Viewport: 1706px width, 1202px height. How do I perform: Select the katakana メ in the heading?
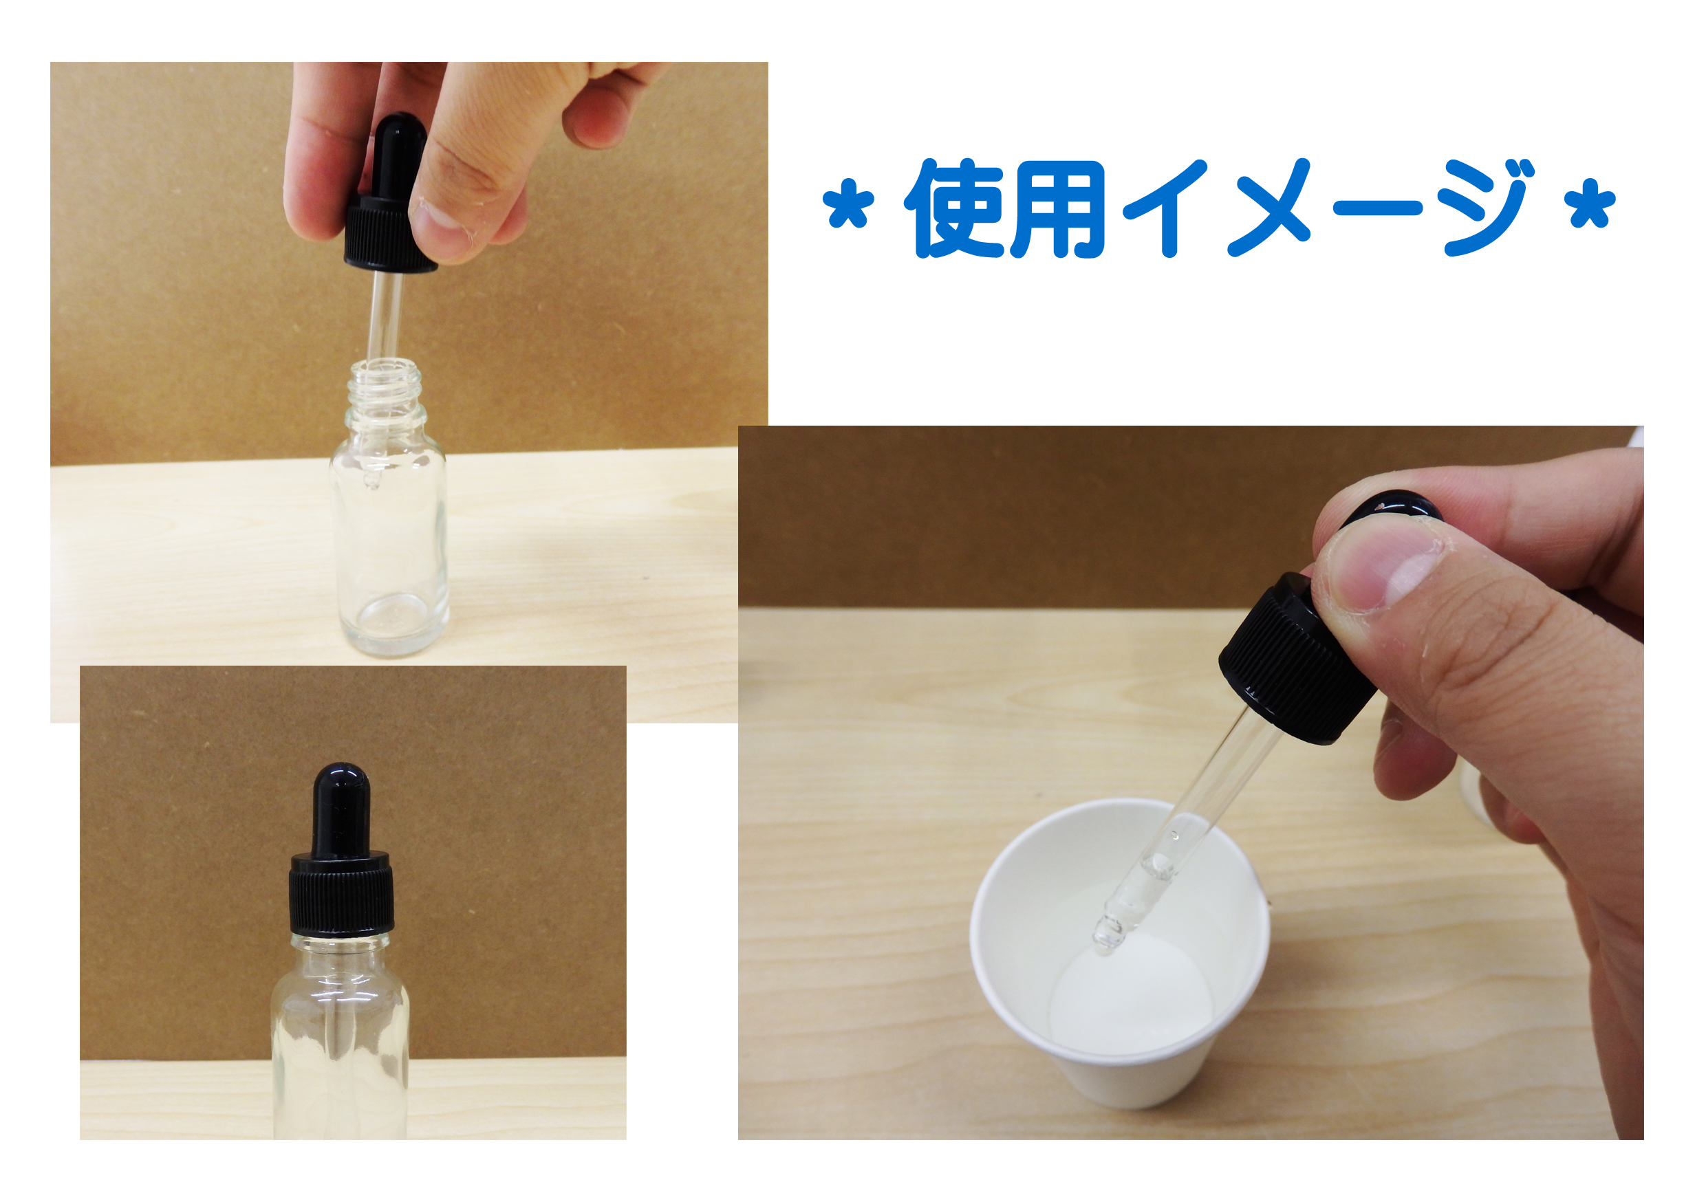(1268, 209)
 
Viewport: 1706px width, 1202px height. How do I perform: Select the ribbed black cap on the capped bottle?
(341, 895)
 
